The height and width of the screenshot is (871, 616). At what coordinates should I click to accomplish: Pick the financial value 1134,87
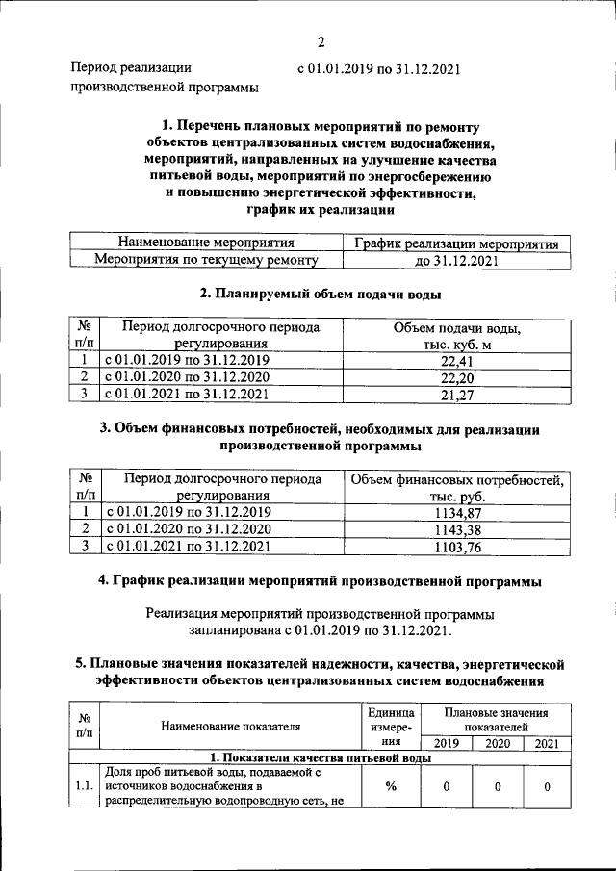pos(457,513)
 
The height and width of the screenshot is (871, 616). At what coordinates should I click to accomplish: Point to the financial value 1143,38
pos(457,529)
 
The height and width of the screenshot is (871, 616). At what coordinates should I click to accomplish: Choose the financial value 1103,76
pos(457,546)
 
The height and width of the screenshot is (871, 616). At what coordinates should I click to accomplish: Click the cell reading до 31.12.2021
pos(455,260)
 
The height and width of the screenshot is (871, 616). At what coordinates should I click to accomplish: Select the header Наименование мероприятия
pos(205,243)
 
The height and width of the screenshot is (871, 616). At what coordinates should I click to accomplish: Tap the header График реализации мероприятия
pos(455,243)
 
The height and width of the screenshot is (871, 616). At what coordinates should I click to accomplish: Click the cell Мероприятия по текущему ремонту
pos(205,260)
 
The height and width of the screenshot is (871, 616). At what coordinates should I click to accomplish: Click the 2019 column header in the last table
pos(446,743)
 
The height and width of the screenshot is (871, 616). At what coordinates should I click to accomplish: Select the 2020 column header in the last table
pos(497,743)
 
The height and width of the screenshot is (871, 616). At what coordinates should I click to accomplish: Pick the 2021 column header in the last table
pos(546,743)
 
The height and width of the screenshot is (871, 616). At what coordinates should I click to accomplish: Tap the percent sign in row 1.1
pos(391,786)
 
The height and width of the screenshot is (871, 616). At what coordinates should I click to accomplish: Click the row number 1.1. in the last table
pos(84,786)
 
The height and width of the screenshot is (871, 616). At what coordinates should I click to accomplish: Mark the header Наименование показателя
pos(231,727)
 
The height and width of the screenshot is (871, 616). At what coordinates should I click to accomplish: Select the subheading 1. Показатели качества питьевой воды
pos(321,758)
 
